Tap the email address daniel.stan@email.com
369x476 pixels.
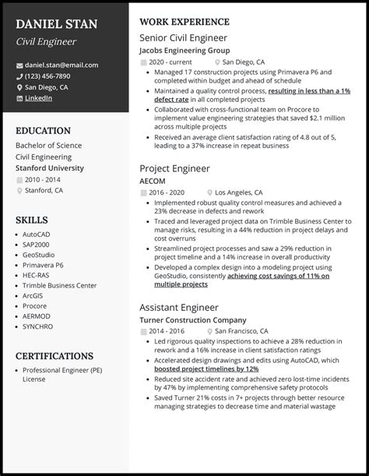(x=61, y=65)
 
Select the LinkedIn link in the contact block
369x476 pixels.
(x=39, y=98)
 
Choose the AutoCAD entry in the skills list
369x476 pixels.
(x=37, y=234)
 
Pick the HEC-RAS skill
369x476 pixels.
(x=37, y=275)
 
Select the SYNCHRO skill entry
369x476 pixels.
(x=38, y=326)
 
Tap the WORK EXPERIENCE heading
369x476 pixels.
(x=184, y=22)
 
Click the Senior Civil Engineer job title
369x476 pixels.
(x=182, y=37)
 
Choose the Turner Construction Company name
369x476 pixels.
(x=192, y=320)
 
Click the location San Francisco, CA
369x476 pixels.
(x=246, y=331)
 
